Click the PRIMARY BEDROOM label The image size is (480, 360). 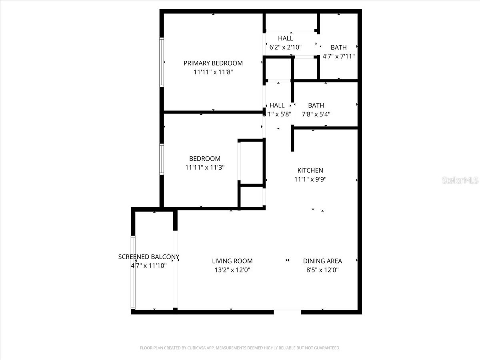click(x=213, y=63)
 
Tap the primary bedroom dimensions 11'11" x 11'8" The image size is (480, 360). click(x=213, y=72)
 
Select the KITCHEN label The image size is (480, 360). click(x=310, y=170)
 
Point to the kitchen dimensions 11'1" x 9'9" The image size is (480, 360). click(x=310, y=180)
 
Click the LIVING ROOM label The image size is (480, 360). click(x=232, y=261)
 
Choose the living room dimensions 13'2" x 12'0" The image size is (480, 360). click(x=232, y=270)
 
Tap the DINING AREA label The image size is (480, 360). click(x=322, y=261)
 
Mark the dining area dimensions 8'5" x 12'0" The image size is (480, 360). click(x=322, y=270)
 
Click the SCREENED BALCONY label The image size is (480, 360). click(x=148, y=257)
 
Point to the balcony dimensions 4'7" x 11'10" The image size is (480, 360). click(x=148, y=265)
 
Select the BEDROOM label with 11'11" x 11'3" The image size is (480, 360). click(x=204, y=159)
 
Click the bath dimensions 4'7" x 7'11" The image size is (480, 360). click(x=338, y=56)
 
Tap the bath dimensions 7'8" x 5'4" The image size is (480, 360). click(x=316, y=114)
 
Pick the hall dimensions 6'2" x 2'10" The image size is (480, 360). click(x=285, y=47)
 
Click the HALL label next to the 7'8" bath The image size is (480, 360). click(x=277, y=105)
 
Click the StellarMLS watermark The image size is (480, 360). click(x=460, y=181)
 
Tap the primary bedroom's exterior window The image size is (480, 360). click(x=162, y=62)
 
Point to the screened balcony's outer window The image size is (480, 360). click(x=133, y=272)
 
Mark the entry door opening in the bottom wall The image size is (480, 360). click(x=287, y=312)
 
